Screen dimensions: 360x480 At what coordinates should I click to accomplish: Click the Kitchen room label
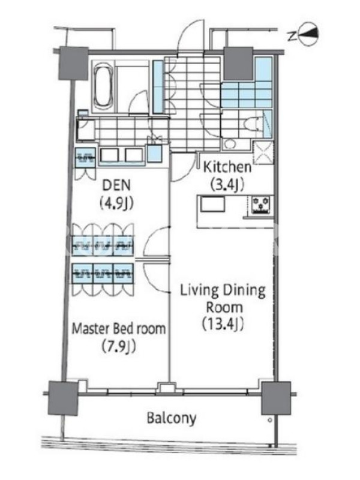click(x=227, y=167)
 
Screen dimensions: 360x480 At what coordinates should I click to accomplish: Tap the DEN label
click(x=116, y=185)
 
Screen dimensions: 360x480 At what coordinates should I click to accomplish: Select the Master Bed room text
click(x=119, y=329)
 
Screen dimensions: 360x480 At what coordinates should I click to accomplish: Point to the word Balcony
click(x=172, y=418)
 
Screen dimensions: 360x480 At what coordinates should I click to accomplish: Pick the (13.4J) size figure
click(x=223, y=324)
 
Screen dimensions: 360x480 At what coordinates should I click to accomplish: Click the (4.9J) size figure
click(x=116, y=203)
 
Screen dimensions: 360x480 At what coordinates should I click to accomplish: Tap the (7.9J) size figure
click(x=118, y=347)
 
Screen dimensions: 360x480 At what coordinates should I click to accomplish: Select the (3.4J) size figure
click(x=227, y=185)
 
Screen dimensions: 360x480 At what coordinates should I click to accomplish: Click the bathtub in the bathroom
click(x=103, y=87)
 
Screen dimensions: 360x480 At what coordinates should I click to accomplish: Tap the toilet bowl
click(x=252, y=124)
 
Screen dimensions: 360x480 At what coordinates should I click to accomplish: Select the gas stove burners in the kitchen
click(x=261, y=205)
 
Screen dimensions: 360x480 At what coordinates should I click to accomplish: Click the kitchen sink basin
click(x=212, y=204)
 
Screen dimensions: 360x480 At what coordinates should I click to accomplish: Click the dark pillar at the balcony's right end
click(x=276, y=398)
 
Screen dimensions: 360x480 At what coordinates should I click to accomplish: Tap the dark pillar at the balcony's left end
click(x=63, y=398)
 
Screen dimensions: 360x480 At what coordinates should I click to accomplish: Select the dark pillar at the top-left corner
click(x=73, y=63)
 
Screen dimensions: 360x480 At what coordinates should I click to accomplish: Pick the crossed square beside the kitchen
click(x=263, y=152)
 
